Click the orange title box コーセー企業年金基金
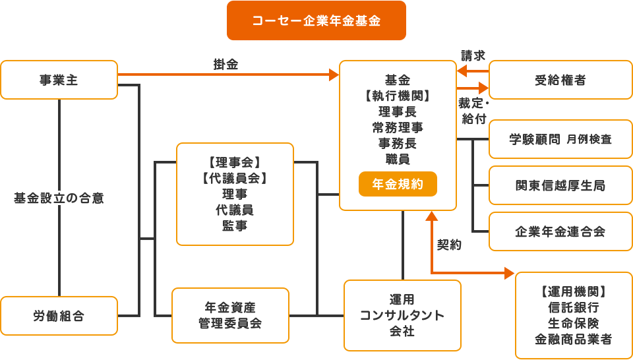tap(316, 20)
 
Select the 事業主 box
tap(59, 80)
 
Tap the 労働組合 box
tap(59, 316)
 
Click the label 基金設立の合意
tap(59, 197)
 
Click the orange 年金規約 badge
tap(398, 185)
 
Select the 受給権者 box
tap(560, 80)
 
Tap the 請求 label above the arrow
tap(473, 56)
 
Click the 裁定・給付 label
tap(473, 110)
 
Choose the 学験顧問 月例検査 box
tap(560, 139)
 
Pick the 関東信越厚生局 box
tap(560, 185)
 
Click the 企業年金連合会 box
tap(560, 231)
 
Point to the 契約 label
tap(449, 245)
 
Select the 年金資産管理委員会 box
tap(230, 315)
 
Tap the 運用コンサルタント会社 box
tap(402, 315)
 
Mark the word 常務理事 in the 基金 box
tap(398, 127)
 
